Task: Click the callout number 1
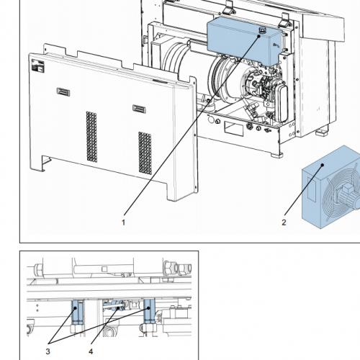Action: (x=123, y=222)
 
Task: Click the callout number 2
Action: (x=284, y=222)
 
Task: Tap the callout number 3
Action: (x=48, y=351)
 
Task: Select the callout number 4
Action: (x=91, y=351)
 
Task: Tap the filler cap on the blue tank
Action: (x=261, y=30)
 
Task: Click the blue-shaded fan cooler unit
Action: (x=331, y=187)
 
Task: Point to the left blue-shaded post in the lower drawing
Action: (x=77, y=312)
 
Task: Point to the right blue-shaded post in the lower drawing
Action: (x=149, y=311)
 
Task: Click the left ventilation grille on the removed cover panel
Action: (x=92, y=137)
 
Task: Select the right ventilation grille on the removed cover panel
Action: (x=145, y=153)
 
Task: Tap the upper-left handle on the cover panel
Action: (x=63, y=92)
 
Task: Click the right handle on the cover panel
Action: (x=139, y=109)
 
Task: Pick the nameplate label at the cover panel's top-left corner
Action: (x=37, y=66)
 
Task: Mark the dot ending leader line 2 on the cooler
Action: (x=323, y=165)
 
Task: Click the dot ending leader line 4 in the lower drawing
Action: (x=118, y=307)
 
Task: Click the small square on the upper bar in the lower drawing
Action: (x=104, y=269)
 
